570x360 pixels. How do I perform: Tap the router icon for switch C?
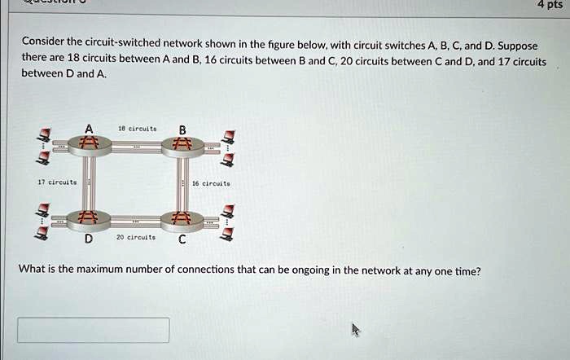tap(182, 219)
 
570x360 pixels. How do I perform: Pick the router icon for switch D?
tap(89, 219)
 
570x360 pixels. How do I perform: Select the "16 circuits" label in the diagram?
tap(215, 184)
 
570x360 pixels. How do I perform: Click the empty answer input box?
tap(94, 330)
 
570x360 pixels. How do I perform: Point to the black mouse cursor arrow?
tap(355, 328)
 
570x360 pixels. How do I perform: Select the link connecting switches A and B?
tap(136, 147)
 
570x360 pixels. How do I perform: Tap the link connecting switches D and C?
tap(136, 220)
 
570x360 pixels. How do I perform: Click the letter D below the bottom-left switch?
tap(89, 239)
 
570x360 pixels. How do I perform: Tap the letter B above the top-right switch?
tap(182, 129)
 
